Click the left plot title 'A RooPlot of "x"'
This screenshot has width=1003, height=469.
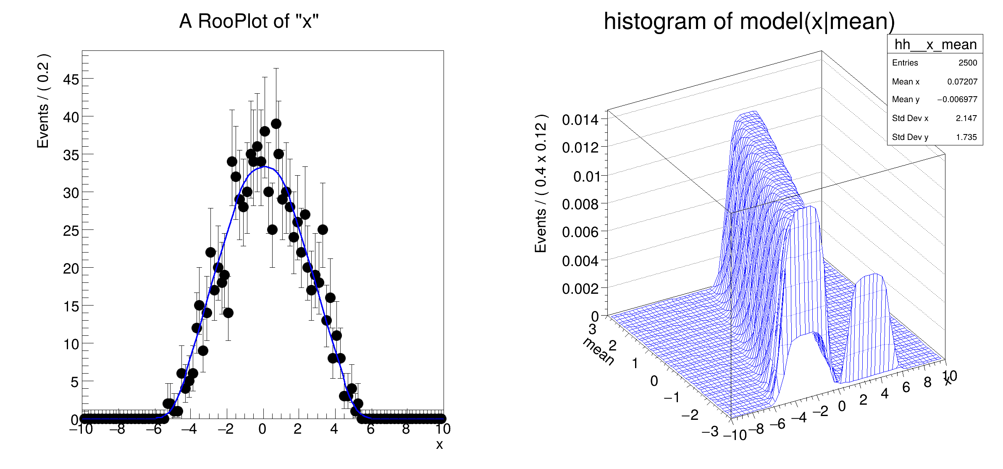249,21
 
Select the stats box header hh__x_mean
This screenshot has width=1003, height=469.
935,44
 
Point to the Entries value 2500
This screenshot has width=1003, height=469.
968,63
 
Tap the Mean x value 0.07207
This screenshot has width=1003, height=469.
962,82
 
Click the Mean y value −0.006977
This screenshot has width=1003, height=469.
957,100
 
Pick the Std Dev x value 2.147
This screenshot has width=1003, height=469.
966,118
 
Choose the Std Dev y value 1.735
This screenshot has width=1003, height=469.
966,137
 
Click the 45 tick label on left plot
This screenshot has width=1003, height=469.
71,79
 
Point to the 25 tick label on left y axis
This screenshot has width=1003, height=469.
71,231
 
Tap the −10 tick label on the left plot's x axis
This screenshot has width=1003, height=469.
81,429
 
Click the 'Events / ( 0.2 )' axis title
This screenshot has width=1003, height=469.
43,101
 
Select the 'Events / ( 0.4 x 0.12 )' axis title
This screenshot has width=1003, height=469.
541,183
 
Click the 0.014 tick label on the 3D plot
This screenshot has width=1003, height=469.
580,120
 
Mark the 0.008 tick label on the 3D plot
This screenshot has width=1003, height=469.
580,205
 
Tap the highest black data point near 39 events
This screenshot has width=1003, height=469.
276,124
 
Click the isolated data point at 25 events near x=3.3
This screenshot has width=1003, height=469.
323,229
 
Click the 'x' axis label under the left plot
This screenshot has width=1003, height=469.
439,445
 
